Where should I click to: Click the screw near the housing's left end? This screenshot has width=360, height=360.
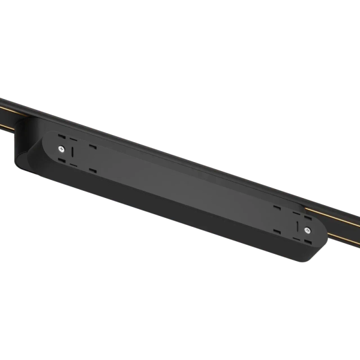coord(61,148)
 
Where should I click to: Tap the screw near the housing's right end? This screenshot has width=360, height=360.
coord(307,230)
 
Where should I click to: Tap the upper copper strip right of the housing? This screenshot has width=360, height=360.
coord(339,213)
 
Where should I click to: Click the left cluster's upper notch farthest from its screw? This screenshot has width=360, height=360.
coord(93,147)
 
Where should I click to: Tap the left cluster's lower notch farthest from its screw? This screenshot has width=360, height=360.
coord(93,170)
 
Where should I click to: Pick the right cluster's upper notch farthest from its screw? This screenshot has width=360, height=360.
coord(277,208)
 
